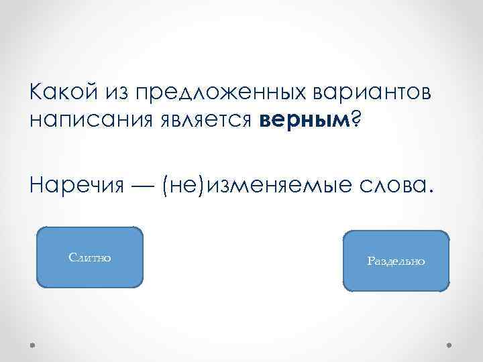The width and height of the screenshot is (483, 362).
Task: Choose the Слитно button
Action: point(90,257)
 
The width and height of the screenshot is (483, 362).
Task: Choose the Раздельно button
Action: point(396,261)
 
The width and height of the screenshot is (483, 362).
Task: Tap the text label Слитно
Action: point(90,257)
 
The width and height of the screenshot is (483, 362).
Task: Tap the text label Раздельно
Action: point(396,261)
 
